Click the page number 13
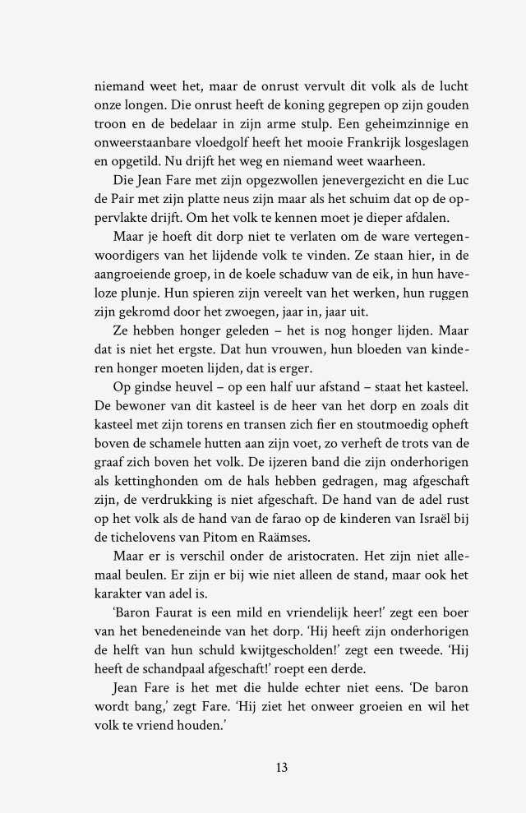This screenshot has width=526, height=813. tap(282, 768)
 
